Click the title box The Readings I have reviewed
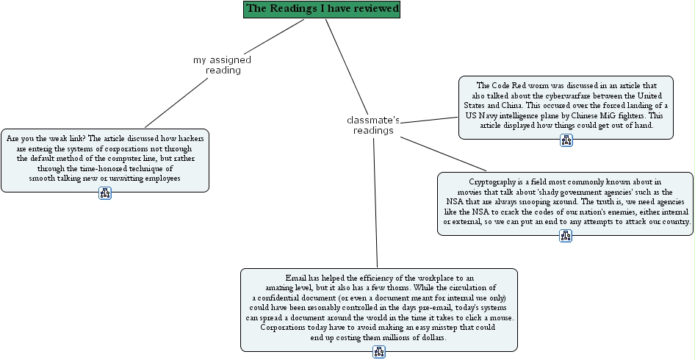322,9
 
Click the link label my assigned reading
222,65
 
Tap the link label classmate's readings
373,125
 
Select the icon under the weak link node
104,193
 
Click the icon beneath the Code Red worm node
566,140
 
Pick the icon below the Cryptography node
565,236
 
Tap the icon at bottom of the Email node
379,352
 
